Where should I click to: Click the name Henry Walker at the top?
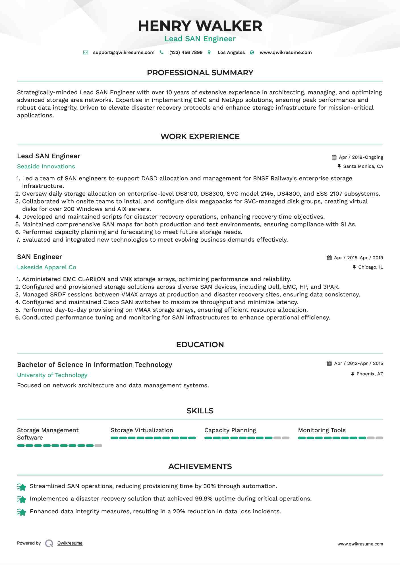click(200, 26)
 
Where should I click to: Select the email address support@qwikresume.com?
click(124, 53)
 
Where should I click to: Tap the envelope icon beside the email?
click(86, 53)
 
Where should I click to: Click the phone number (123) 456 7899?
click(186, 53)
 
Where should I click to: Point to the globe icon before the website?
click(252, 53)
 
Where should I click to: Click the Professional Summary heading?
click(200, 73)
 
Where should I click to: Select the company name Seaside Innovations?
click(46, 167)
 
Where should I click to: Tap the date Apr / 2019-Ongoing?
click(361, 157)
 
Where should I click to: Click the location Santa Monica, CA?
click(363, 166)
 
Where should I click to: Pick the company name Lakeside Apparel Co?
click(47, 267)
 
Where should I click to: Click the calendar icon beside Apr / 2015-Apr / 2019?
click(329, 258)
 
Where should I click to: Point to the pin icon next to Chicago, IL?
click(354, 267)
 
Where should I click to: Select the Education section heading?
click(200, 345)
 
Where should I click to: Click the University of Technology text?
click(52, 375)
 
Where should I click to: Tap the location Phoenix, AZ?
click(370, 374)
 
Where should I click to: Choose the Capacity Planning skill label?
click(230, 430)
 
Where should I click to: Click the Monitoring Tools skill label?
click(322, 430)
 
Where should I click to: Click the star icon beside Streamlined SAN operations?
click(22, 487)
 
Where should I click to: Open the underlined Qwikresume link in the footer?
click(70, 543)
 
